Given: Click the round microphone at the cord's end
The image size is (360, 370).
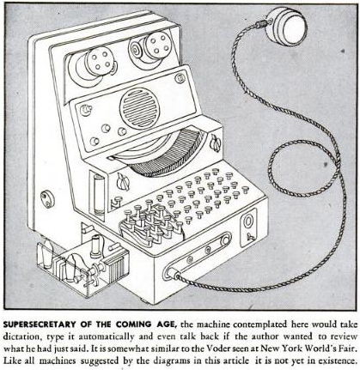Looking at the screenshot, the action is tap(286, 27).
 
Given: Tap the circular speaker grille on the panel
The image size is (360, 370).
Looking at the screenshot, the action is tap(138, 106).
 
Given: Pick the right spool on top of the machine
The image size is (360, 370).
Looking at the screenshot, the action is tap(152, 47).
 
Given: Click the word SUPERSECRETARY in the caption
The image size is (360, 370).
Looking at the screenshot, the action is tap(40, 325).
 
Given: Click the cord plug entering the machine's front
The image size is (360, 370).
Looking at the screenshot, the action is tap(174, 274).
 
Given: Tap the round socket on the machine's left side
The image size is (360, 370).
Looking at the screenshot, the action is tap(47, 199).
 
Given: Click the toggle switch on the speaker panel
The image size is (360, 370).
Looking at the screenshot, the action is tap(85, 110).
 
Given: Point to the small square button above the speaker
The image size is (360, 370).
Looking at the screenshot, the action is tap(180, 78).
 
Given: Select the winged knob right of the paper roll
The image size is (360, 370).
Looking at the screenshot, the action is tap(216, 143).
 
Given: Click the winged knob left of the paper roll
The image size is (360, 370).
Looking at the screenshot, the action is tap(124, 182).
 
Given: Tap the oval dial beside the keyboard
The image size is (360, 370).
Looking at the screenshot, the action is tap(248, 221).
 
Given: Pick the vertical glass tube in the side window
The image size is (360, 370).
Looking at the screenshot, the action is tap(99, 196).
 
